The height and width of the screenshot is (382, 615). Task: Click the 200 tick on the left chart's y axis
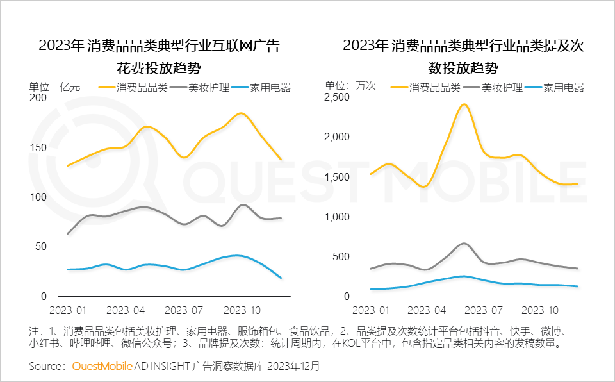(38, 97)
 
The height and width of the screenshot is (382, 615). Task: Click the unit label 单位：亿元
(54, 88)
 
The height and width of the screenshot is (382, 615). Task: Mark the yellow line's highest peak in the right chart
(464, 104)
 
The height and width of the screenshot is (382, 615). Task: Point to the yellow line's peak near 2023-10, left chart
(240, 113)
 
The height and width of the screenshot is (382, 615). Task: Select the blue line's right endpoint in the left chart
(281, 278)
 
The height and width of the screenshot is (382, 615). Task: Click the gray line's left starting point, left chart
(67, 233)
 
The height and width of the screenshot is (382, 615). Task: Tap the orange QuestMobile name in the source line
(102, 367)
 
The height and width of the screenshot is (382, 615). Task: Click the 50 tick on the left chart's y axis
(41, 247)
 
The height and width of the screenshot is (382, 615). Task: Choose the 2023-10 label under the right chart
(539, 310)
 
